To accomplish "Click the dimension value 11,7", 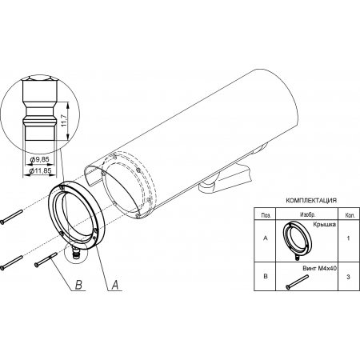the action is tap(63, 121).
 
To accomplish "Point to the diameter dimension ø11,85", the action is tap(40, 170).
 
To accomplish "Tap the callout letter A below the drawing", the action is tap(114, 285).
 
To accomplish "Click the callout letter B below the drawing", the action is tap(78, 285).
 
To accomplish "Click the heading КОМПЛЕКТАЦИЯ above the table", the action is tap(311, 201).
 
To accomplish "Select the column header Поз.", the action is tap(265, 215).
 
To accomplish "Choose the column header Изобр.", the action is tap(308, 214).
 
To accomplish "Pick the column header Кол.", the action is tap(349, 215).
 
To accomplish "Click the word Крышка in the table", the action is tap(325, 225).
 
